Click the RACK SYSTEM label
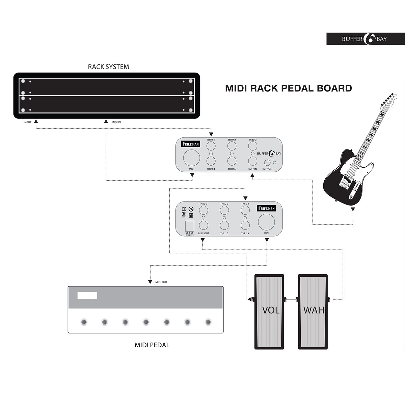click(108, 66)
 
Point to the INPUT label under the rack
click(27, 122)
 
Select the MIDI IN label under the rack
click(116, 122)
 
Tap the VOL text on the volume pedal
click(271, 310)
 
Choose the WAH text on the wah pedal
click(314, 310)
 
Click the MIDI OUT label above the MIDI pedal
click(161, 282)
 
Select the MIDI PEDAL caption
click(152, 345)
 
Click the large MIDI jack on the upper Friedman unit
click(191, 158)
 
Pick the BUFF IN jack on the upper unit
click(252, 161)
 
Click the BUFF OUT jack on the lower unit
click(203, 225)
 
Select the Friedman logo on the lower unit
click(267, 208)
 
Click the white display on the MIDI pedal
click(87, 295)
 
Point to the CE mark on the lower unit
click(184, 209)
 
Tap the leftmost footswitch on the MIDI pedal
click(84, 322)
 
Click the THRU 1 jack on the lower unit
click(245, 210)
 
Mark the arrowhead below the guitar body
click(353, 210)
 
